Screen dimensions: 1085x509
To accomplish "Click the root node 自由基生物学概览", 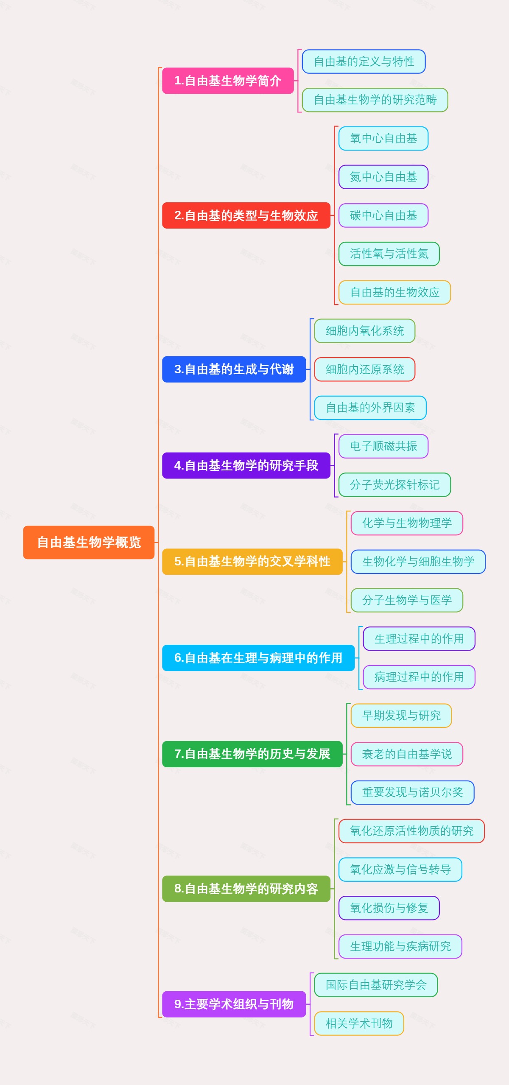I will (x=89, y=542).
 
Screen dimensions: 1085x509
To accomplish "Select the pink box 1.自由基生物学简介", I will (x=228, y=81).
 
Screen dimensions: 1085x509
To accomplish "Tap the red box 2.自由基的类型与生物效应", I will (x=246, y=215).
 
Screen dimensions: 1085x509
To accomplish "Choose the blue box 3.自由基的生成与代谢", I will (x=234, y=369).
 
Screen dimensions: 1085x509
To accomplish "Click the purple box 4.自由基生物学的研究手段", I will (x=246, y=465).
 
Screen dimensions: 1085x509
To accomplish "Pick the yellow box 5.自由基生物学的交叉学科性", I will (x=252, y=562).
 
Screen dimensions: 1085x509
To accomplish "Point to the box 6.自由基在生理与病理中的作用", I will (x=258, y=658).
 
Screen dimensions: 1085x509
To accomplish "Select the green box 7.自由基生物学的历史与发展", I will (x=252, y=754).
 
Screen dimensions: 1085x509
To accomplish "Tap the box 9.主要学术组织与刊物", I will (x=234, y=1004).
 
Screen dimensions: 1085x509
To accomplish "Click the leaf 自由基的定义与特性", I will (x=364, y=62).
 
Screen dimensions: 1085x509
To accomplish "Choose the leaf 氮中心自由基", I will (x=383, y=177).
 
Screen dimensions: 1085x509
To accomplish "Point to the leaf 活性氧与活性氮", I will (x=389, y=254).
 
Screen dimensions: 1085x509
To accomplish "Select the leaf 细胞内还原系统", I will (x=364, y=369).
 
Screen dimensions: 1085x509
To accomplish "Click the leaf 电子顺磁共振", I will (x=383, y=446).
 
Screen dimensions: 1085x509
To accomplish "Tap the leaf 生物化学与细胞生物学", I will (x=418, y=562).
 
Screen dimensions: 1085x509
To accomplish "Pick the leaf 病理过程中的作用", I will (x=419, y=677).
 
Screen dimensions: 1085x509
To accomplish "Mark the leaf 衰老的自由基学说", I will (x=407, y=754).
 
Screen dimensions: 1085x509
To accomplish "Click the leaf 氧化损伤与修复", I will (x=389, y=908).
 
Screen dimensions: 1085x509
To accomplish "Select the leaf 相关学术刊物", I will (x=359, y=1023).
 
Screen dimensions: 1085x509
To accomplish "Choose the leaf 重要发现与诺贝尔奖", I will (x=412, y=792).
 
